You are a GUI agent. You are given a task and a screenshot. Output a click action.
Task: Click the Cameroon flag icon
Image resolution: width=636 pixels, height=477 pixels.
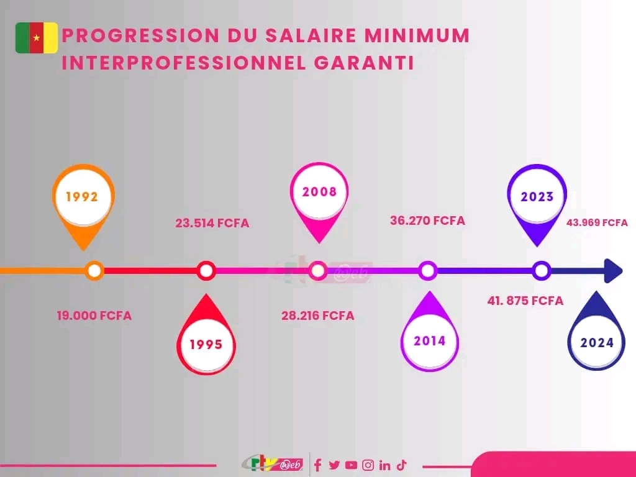tap(37, 38)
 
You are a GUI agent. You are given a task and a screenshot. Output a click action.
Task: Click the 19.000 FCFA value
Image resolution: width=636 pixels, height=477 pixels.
tap(94, 316)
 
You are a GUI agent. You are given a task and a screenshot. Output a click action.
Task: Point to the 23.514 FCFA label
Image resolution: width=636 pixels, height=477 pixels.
tap(212, 223)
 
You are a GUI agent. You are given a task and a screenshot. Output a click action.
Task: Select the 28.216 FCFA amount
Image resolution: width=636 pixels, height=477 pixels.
tap(318, 316)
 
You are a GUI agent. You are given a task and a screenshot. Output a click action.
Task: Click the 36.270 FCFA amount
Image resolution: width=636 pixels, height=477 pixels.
tap(427, 220)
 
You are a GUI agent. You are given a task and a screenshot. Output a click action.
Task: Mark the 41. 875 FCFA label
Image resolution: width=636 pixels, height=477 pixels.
tap(525, 301)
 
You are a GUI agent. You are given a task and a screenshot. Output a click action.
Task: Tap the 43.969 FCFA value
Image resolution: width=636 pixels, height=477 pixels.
tap(596, 222)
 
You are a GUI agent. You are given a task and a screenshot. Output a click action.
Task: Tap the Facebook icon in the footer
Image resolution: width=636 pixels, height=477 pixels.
tap(318, 465)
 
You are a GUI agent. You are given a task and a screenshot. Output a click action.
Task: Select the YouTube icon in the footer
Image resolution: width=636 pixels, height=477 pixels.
tap(351, 465)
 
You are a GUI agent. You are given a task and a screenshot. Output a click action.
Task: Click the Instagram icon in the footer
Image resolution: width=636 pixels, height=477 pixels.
tap(368, 465)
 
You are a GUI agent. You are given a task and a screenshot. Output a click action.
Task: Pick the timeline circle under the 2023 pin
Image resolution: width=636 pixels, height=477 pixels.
tap(542, 271)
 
